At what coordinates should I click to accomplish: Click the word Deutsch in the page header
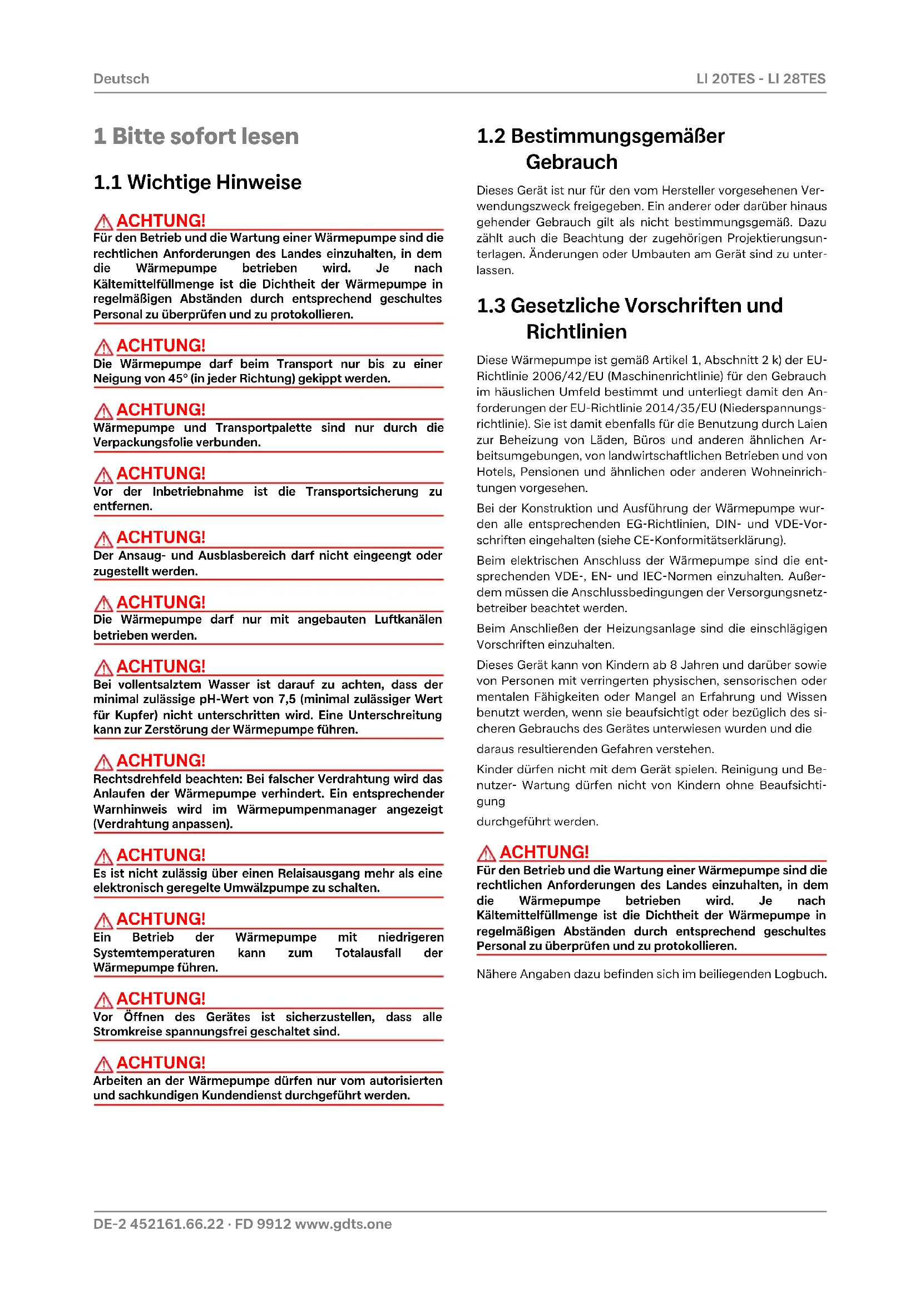coord(121,79)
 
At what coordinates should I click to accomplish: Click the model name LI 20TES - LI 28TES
coord(760,79)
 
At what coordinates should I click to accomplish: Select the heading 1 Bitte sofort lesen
coord(196,137)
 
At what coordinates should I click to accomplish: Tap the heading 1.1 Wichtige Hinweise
coord(197,182)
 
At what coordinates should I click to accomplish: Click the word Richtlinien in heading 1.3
coord(576,332)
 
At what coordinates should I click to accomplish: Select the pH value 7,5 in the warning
coord(286,699)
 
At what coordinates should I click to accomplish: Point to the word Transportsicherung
coord(362,491)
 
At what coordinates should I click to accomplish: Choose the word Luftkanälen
coord(408,619)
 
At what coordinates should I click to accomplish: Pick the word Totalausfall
coord(368,953)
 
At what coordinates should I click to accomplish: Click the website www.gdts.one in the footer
coord(343,1224)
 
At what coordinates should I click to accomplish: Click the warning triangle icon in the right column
coord(486,853)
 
